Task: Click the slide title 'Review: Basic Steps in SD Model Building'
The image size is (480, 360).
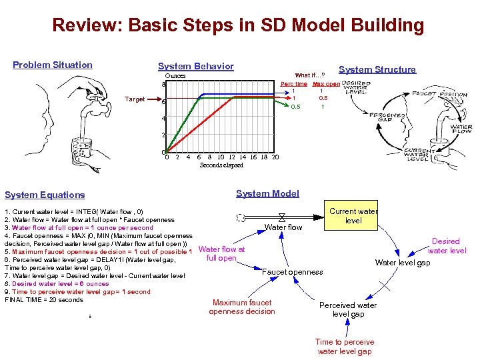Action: click(238, 26)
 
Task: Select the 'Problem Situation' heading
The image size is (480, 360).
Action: click(53, 65)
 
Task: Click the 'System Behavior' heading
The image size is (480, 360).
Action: click(195, 66)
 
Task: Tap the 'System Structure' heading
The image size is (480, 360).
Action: click(377, 69)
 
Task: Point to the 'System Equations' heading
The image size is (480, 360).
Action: click(45, 195)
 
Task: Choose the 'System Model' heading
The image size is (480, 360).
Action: click(267, 193)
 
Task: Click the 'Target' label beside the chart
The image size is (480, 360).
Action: click(135, 99)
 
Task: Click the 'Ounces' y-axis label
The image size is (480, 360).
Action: click(175, 76)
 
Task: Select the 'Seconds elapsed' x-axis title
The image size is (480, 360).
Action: click(222, 165)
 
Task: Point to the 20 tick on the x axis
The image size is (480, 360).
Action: click(275, 157)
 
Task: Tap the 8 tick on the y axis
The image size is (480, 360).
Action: click(163, 85)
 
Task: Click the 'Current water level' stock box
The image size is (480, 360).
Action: click(353, 216)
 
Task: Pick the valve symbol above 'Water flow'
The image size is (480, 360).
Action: click(283, 217)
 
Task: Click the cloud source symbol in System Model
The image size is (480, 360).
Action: click(241, 217)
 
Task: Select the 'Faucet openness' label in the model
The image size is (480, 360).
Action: click(292, 271)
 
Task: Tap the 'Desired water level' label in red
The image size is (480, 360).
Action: click(446, 246)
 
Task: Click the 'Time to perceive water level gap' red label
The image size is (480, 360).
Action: click(345, 347)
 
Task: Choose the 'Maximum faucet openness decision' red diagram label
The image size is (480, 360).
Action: click(241, 307)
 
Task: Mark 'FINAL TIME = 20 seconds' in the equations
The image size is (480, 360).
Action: click(44, 300)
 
